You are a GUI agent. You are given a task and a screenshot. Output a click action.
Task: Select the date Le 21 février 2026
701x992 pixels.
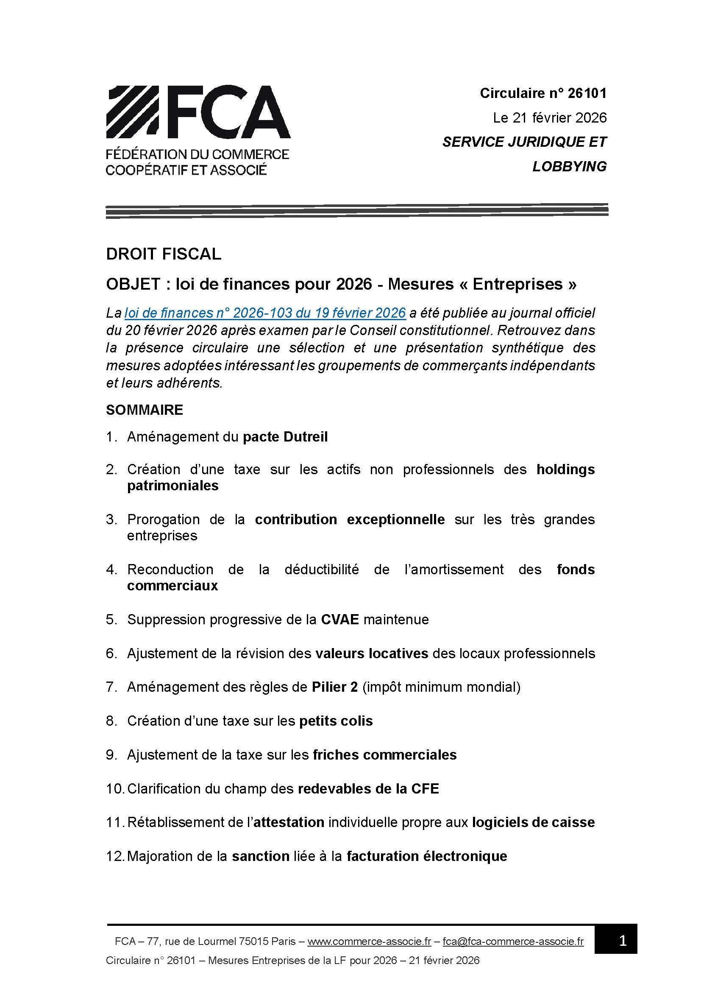(550, 117)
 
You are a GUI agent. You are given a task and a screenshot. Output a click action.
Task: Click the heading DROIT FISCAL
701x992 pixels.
(163, 254)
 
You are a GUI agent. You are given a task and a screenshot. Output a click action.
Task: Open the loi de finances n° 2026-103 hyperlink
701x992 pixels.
(265, 313)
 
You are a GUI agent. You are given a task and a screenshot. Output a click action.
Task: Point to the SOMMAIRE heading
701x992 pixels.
(144, 410)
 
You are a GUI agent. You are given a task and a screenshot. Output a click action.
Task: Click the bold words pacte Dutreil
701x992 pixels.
(285, 437)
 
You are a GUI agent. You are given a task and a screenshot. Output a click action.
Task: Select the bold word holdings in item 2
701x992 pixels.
(565, 469)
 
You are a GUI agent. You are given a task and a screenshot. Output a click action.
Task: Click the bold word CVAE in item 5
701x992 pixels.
(340, 619)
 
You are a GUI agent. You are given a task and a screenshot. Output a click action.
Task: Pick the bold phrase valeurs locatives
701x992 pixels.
(371, 653)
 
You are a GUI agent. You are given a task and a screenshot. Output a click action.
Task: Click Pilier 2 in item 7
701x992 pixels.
(334, 687)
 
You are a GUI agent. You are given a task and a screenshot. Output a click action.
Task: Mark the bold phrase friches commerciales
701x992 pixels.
(384, 754)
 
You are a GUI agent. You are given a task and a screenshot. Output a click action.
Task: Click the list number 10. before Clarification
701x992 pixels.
(115, 788)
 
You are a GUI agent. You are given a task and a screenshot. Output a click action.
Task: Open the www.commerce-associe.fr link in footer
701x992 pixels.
(369, 941)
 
